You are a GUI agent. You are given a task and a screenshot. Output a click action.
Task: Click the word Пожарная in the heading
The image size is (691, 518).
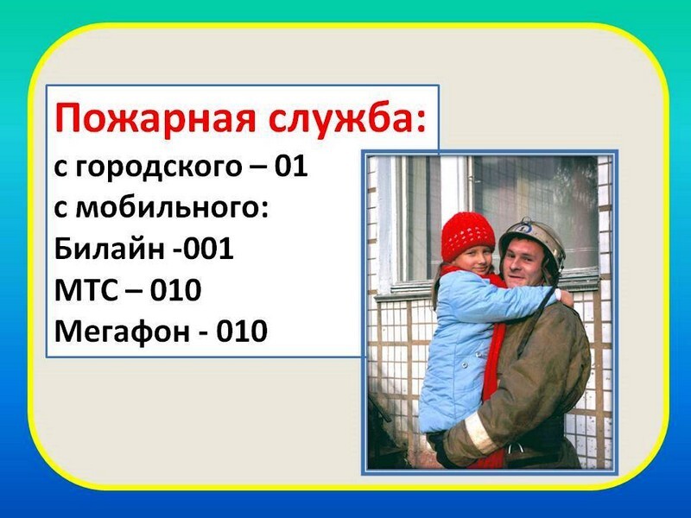click(x=155, y=117)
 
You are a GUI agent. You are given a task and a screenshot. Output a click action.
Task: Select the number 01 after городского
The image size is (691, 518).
click(x=291, y=167)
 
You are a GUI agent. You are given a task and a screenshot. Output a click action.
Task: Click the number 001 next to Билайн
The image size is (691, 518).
click(x=208, y=250)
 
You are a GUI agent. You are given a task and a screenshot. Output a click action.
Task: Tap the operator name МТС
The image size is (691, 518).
click(x=86, y=290)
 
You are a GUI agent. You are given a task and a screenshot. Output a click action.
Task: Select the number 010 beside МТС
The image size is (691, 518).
click(x=175, y=290)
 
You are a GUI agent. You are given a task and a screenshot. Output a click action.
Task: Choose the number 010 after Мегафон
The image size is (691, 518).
click(x=242, y=332)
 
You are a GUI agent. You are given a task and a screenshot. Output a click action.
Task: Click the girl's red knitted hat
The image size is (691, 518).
click(x=467, y=236)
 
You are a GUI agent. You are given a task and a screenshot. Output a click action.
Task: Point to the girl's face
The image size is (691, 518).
click(x=472, y=262)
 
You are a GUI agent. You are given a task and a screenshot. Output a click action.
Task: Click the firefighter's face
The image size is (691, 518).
click(x=524, y=265)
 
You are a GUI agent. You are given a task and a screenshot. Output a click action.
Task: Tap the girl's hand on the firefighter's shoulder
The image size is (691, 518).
click(x=565, y=297)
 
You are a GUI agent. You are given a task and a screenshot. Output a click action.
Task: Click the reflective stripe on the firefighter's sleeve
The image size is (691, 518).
click(x=479, y=433)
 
